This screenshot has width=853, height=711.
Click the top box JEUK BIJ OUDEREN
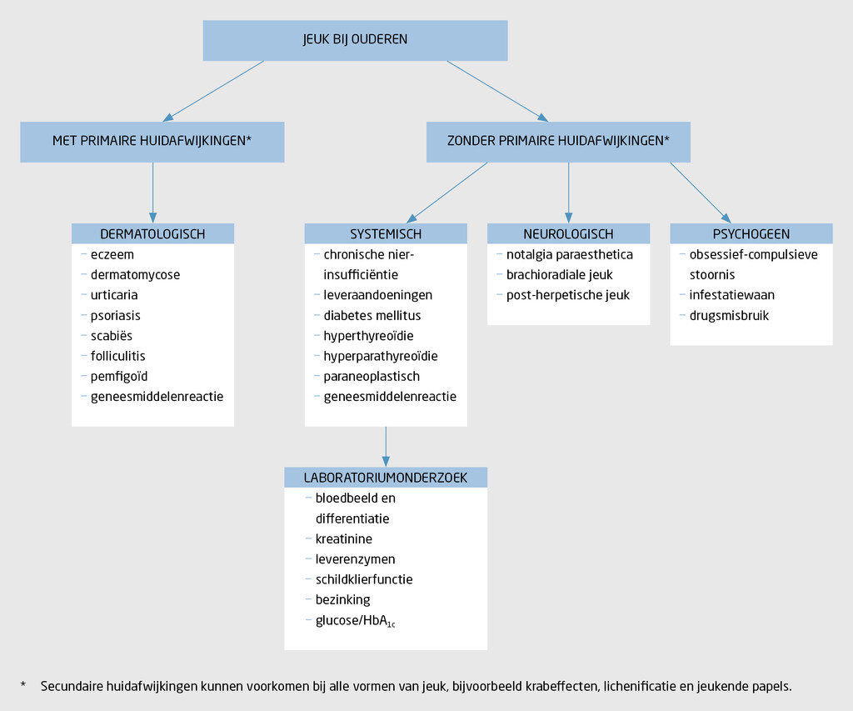click(x=355, y=40)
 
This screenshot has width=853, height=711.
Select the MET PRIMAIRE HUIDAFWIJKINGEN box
click(x=152, y=142)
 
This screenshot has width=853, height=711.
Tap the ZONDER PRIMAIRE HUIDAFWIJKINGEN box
click(x=558, y=142)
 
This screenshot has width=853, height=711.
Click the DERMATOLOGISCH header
click(x=152, y=234)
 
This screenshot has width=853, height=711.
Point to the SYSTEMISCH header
click(x=386, y=234)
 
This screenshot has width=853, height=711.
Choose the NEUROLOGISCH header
click(x=568, y=234)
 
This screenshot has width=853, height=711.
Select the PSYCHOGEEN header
click(x=751, y=234)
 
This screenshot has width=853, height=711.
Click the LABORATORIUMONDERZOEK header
click(x=385, y=478)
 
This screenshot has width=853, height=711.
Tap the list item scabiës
click(x=112, y=336)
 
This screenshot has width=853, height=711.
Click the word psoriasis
click(x=116, y=316)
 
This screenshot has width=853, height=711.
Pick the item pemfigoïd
click(x=119, y=377)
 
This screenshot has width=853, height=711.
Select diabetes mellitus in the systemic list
click(x=372, y=316)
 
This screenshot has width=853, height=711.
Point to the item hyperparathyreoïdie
click(x=381, y=356)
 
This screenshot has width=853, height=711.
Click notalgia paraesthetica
click(x=570, y=255)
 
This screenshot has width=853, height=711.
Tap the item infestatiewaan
click(x=731, y=295)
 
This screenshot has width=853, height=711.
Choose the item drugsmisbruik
click(x=729, y=316)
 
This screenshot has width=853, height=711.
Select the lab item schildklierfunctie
click(x=364, y=579)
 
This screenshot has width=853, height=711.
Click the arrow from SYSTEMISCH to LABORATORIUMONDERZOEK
click(x=386, y=447)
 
